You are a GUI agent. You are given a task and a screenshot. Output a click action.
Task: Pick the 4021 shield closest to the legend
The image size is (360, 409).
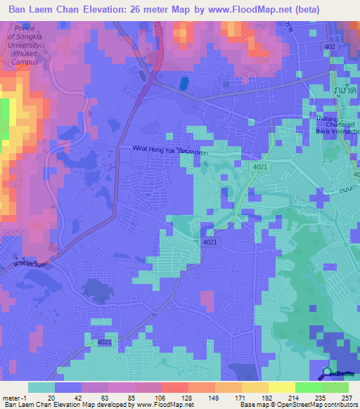click(104, 342)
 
